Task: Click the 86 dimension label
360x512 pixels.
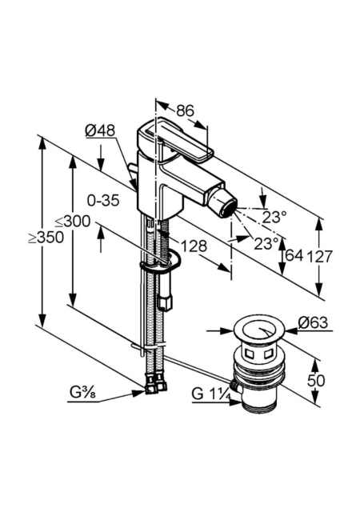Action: click(186, 111)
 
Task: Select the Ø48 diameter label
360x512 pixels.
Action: click(100, 130)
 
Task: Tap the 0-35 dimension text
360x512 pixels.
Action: click(103, 200)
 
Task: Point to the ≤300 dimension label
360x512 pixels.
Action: click(72, 222)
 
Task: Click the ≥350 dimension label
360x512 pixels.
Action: click(46, 238)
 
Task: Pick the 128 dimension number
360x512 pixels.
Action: click(194, 246)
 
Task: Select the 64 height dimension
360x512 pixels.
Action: click(294, 256)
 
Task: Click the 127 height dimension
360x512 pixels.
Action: click(319, 256)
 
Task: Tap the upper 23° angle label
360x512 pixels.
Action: click(274, 217)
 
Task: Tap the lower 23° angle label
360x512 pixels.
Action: click(266, 243)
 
